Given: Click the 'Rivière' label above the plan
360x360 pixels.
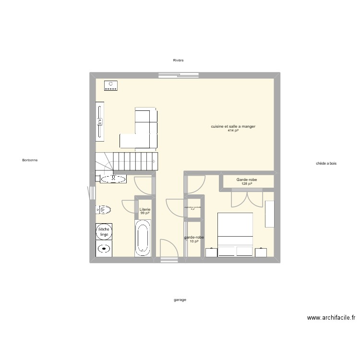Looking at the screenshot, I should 179,60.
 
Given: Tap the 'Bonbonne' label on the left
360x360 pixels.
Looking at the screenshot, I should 30,160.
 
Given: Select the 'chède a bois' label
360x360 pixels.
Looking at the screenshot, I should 326,163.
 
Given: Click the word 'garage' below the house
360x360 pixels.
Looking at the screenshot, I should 180,300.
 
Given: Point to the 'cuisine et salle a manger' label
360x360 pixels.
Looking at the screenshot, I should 233,127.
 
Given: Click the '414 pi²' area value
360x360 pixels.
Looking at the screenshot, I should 233,131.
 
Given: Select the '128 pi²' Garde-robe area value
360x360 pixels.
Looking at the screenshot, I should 247,184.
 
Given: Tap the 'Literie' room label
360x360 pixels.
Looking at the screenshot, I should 144,210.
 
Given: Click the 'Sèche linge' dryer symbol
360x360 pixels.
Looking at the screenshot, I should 104,231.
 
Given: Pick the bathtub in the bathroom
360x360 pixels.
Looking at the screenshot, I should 143,238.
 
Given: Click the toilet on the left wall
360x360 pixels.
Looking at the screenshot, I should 104,210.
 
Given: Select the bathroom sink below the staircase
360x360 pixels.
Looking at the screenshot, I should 113,179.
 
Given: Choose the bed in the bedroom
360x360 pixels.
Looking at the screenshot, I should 235,234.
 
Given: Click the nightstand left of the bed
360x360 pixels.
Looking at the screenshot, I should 211,252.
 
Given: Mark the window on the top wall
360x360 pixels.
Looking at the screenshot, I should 179,74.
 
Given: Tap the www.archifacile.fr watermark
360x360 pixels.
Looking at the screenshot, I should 331,317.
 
